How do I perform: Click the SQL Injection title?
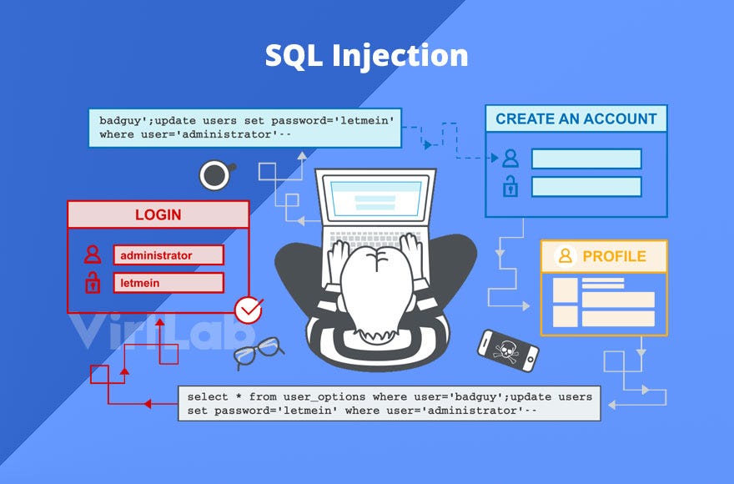[x=366, y=56]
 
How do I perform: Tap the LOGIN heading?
[x=158, y=214]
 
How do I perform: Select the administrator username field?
[x=169, y=255]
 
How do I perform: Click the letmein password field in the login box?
[x=169, y=283]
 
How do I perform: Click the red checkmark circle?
[x=248, y=310]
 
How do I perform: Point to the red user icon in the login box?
[x=93, y=255]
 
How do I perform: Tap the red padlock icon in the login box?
[x=93, y=282]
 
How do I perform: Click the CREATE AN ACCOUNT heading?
[x=576, y=118]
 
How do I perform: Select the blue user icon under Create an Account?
[x=510, y=159]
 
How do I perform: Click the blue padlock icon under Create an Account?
[x=510, y=186]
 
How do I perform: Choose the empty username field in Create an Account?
[x=586, y=159]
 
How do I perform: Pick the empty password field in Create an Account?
[x=586, y=186]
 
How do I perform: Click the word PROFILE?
[x=614, y=256]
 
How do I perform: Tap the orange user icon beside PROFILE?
[x=566, y=256]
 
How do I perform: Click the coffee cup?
[x=215, y=175]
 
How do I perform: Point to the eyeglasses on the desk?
[x=256, y=352]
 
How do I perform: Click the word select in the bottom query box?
[x=206, y=396]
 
